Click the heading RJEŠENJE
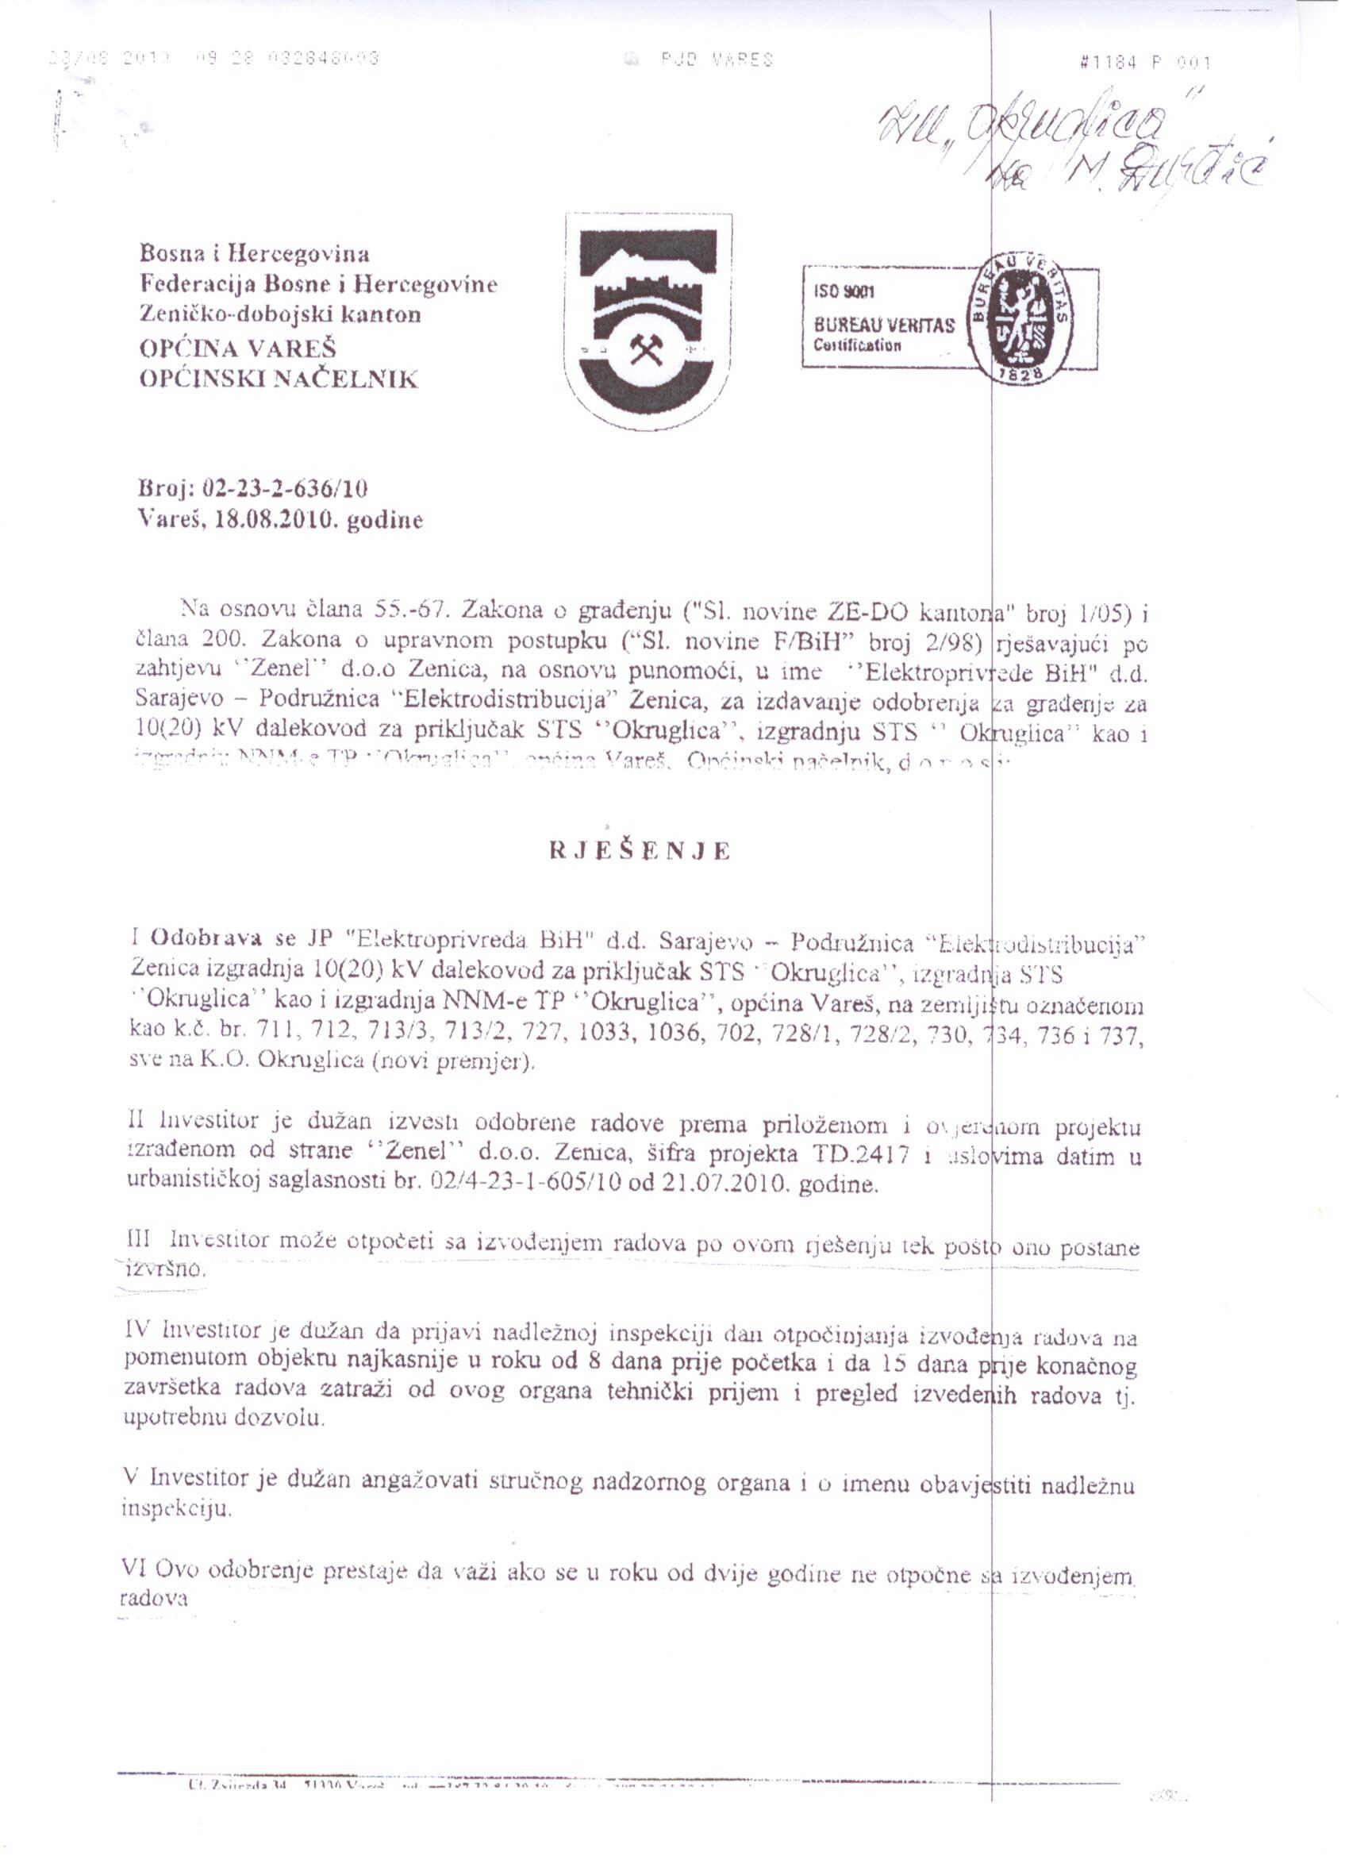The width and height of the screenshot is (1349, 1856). click(x=640, y=851)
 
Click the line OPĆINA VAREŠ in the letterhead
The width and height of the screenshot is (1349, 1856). click(x=238, y=348)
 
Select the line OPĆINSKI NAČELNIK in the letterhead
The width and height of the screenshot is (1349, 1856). click(x=279, y=379)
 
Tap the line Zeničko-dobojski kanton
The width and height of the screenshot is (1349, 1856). click(x=281, y=314)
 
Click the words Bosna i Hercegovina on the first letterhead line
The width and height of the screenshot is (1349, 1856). click(x=255, y=252)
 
